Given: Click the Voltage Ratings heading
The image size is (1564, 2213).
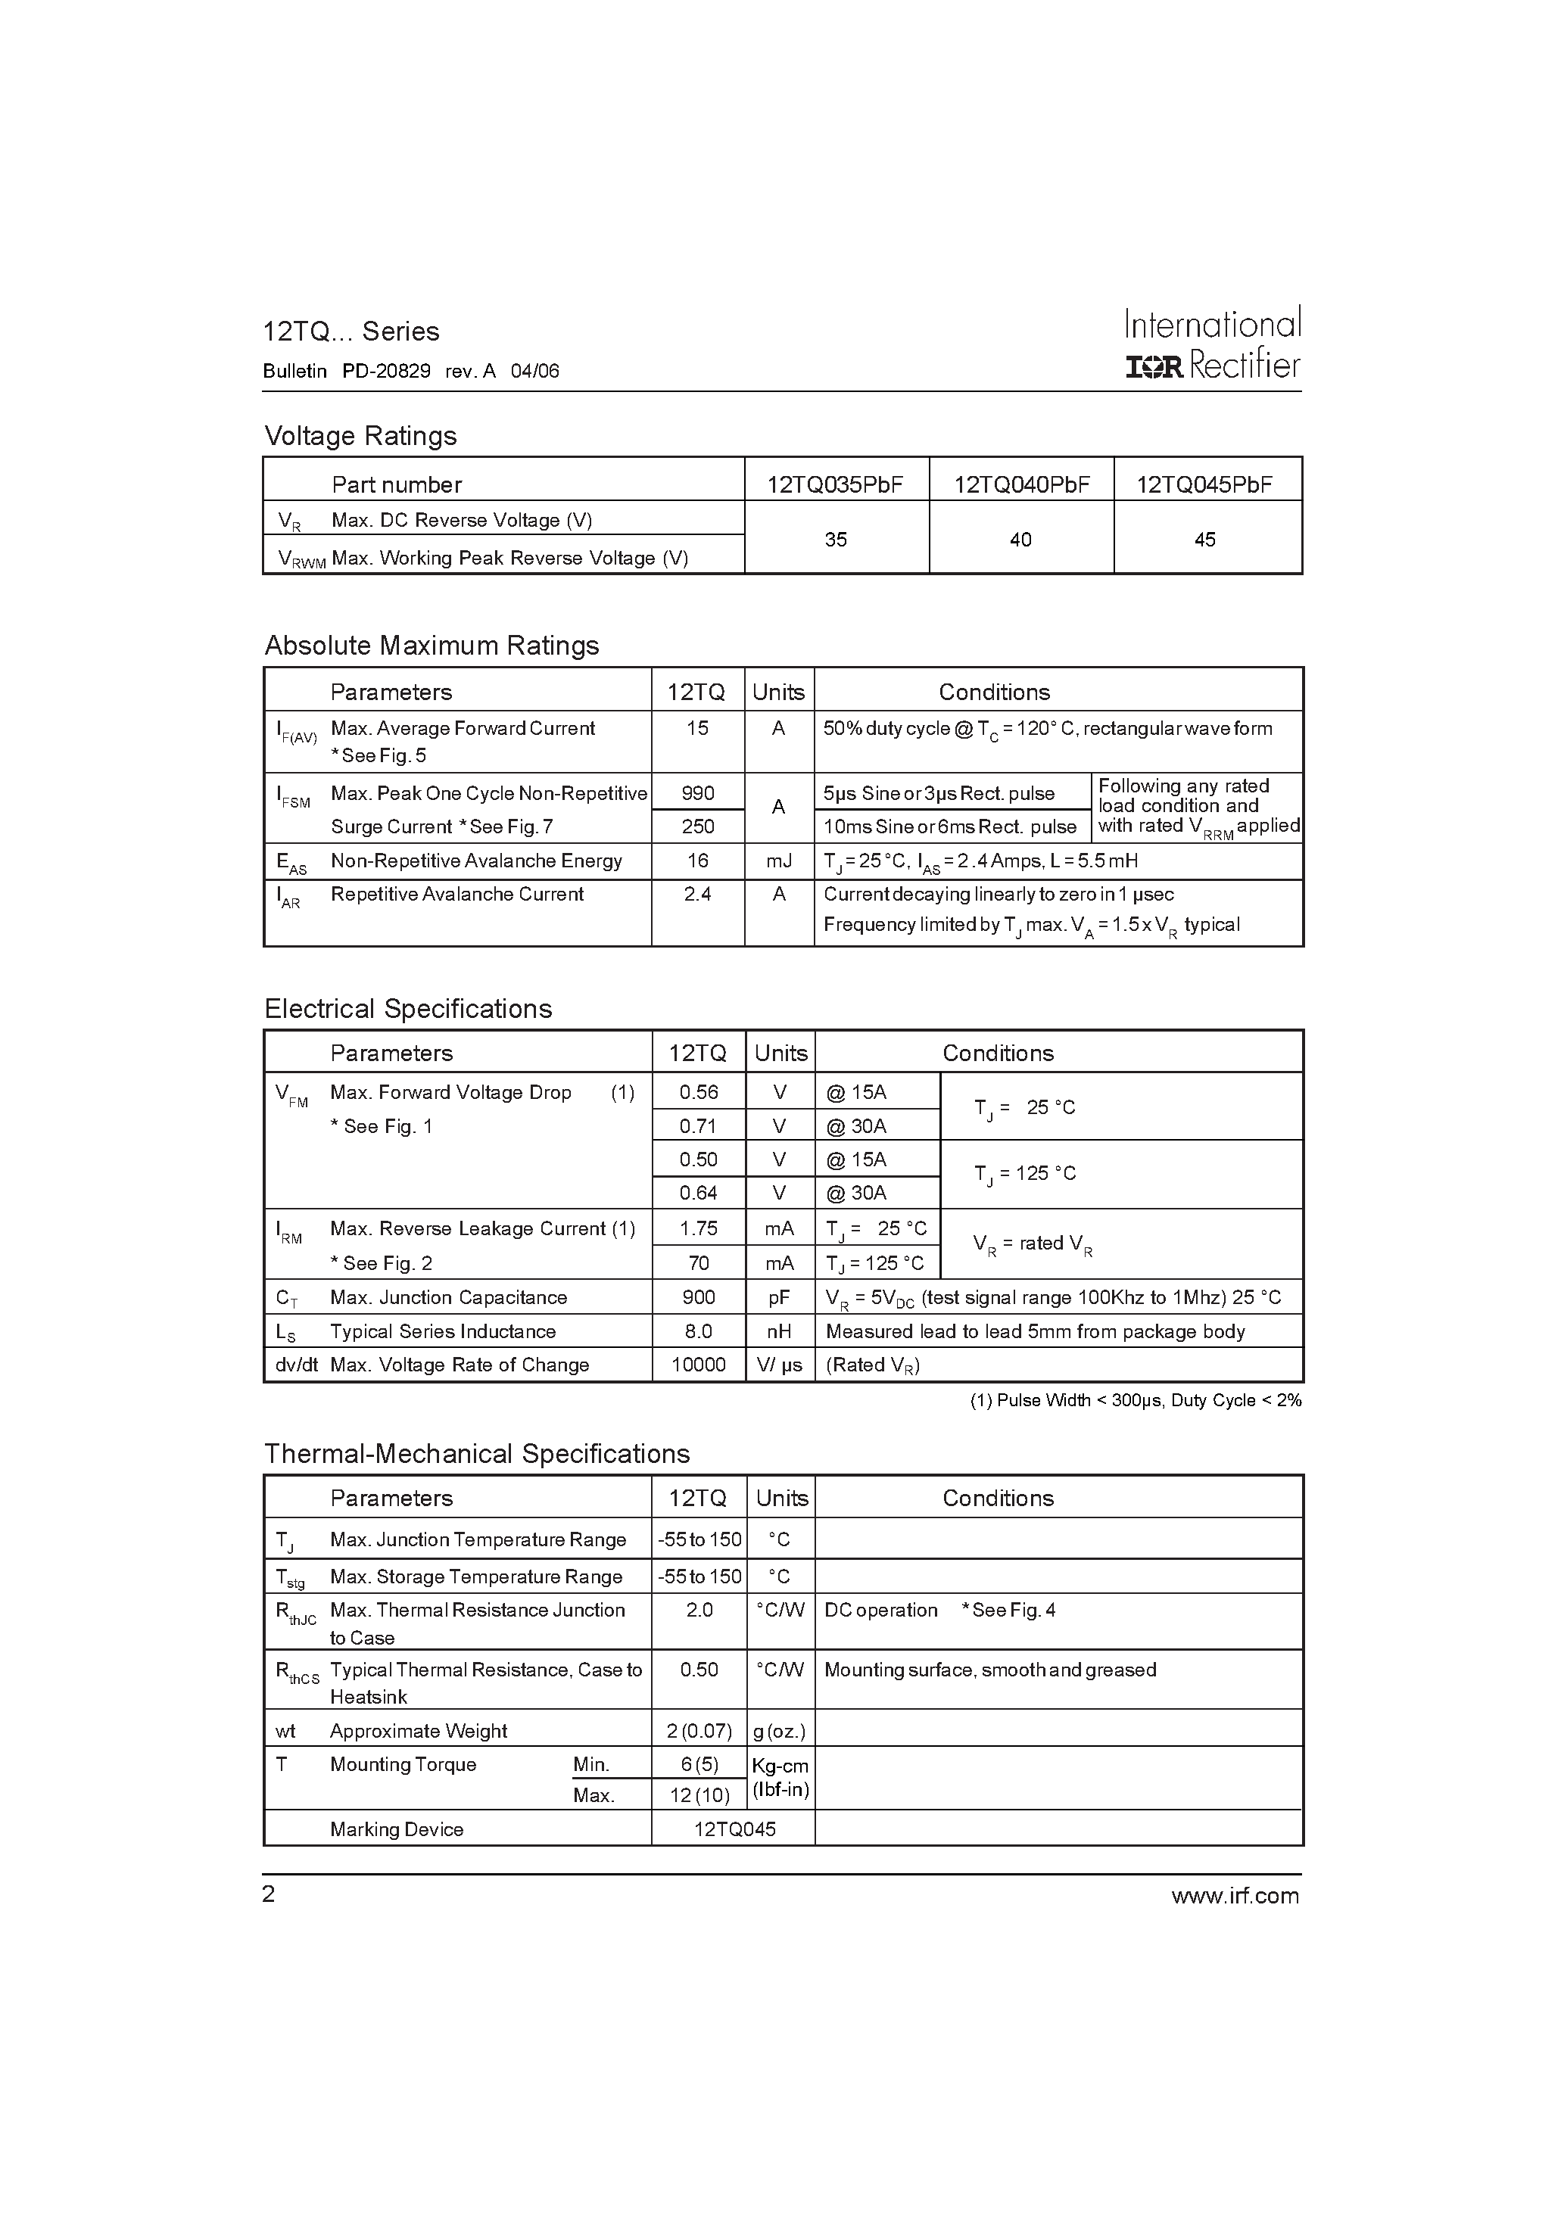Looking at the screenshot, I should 360,436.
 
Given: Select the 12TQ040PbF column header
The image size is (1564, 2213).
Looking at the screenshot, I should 1021,484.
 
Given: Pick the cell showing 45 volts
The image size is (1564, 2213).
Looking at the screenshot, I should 1204,540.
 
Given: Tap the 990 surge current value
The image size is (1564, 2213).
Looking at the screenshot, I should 697,792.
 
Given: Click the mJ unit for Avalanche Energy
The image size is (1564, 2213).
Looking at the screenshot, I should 778,861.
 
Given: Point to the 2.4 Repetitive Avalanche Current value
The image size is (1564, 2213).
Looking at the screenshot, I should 697,895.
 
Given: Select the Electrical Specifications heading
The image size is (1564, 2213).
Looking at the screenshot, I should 408,1008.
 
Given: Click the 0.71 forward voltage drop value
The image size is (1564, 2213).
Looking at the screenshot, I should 698,1125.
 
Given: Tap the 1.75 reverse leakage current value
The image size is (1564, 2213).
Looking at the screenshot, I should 698,1228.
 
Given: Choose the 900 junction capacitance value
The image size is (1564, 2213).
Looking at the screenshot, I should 698,1297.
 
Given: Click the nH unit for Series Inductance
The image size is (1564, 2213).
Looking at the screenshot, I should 779,1331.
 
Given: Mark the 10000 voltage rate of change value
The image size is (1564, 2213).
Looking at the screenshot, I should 698,1365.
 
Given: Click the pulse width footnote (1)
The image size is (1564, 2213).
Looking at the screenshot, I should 1135,1400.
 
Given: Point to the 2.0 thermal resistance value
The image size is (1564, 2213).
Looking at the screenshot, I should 699,1610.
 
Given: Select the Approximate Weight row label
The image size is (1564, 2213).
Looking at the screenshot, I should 418,1730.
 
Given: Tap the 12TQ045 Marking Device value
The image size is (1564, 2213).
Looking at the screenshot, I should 734,1829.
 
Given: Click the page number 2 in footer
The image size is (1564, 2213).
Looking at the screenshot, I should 269,1894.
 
